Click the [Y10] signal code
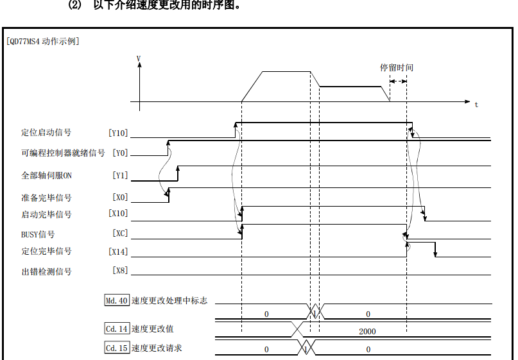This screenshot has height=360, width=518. [x=119, y=133]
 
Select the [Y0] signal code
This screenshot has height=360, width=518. [x=120, y=153]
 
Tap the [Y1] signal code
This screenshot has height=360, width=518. [x=120, y=175]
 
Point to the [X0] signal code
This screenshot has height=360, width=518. [x=120, y=198]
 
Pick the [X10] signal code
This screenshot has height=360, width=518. [x=119, y=214]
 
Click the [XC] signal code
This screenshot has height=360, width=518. [x=120, y=234]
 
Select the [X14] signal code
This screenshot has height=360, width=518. [x=119, y=252]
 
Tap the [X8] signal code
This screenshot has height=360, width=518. [x=120, y=271]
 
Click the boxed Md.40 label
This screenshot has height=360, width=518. [x=117, y=300]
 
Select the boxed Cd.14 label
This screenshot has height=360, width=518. [x=117, y=329]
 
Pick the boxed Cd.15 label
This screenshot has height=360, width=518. [x=117, y=348]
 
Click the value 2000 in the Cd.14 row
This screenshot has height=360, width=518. [x=368, y=331]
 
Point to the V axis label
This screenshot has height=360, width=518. [x=139, y=58]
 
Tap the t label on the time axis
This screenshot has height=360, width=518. [x=476, y=104]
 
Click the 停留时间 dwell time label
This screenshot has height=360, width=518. [x=396, y=67]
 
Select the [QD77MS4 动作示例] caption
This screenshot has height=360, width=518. [x=43, y=41]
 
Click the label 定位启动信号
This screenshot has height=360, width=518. [x=46, y=133]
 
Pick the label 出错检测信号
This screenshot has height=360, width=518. [x=46, y=271]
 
